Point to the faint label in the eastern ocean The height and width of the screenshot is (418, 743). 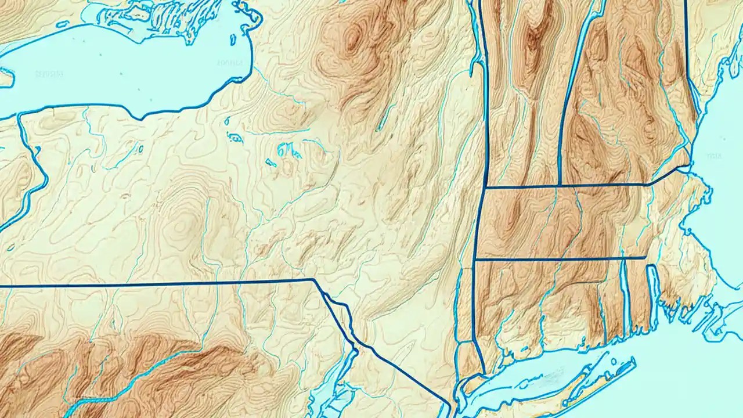[714, 156]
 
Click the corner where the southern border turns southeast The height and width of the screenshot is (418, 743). [314, 280]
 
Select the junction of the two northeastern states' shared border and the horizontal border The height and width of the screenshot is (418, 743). [559, 186]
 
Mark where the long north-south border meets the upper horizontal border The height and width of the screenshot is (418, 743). [485, 188]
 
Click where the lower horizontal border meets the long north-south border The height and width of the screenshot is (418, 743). [475, 259]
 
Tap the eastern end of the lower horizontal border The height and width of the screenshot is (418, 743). [646, 257]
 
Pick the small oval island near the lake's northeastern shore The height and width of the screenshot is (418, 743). [233, 39]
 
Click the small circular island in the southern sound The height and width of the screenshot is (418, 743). [614, 361]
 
